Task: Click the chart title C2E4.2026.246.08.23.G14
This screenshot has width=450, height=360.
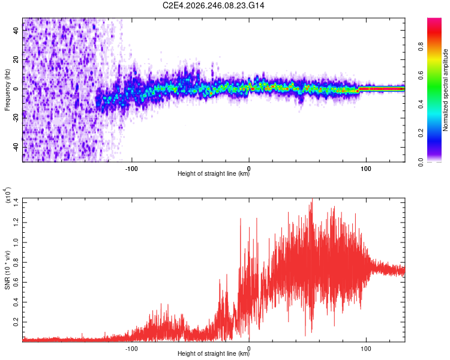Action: pyautogui.click(x=213, y=5)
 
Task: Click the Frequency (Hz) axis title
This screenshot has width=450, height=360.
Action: pyautogui.click(x=7, y=90)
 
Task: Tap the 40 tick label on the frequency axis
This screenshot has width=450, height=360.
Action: pyautogui.click(x=16, y=30)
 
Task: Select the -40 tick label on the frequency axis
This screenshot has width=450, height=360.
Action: pyautogui.click(x=16, y=148)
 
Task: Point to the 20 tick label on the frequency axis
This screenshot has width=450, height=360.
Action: pyautogui.click(x=16, y=59)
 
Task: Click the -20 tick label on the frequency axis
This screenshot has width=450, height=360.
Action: pyautogui.click(x=16, y=118)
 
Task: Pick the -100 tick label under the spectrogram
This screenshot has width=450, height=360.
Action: pyautogui.click(x=131, y=169)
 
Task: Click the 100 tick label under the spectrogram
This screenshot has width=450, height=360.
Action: pyautogui.click(x=366, y=169)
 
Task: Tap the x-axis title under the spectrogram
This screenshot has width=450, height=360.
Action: pyautogui.click(x=214, y=173)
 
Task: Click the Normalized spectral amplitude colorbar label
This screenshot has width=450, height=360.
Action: pyautogui.click(x=445, y=90)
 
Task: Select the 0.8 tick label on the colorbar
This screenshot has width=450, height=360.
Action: pyautogui.click(x=421, y=47)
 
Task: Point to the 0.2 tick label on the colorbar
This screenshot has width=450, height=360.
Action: pyautogui.click(x=421, y=133)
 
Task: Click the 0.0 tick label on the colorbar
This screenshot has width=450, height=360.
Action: pyautogui.click(x=421, y=162)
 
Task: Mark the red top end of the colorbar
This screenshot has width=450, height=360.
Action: pyautogui.click(x=434, y=19)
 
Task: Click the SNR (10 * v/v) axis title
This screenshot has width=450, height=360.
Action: pyautogui.click(x=7, y=270)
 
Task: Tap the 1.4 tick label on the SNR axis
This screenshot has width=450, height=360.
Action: pyautogui.click(x=16, y=203)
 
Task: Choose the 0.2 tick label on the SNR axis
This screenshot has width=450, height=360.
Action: pyautogui.click(x=16, y=322)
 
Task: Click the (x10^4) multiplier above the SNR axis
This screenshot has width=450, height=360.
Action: pyautogui.click(x=8, y=195)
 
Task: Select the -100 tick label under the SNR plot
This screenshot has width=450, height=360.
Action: pyautogui.click(x=131, y=349)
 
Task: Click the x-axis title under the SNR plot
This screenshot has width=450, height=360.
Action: pyautogui.click(x=214, y=353)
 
